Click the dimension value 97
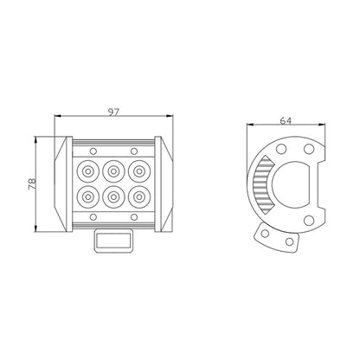[x=113, y=112]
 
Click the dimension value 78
[x=32, y=183]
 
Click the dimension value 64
[x=286, y=121]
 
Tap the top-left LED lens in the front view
[x=87, y=171]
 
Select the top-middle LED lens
[x=113, y=171]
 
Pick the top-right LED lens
[x=139, y=171]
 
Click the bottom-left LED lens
[x=87, y=197]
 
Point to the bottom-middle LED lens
[x=113, y=197]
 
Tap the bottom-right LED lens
[x=139, y=197]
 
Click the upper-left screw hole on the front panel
[x=93, y=151]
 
